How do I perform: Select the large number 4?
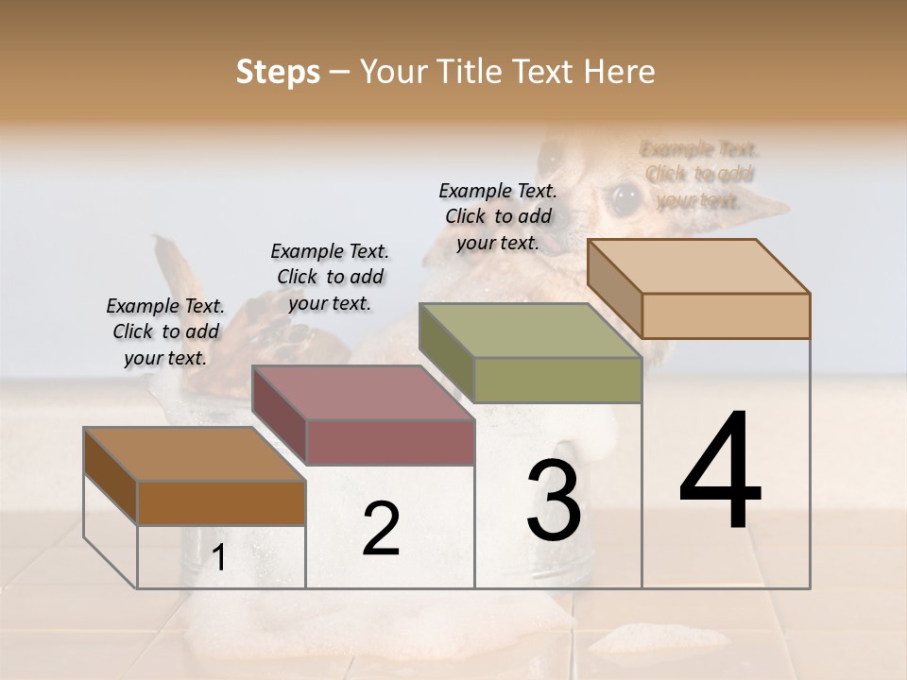pos(720,472)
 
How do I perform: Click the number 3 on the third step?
pos(554,501)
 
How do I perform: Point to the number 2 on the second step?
pos(381,529)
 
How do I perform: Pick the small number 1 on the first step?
pos(219,558)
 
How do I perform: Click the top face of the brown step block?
pos(193,454)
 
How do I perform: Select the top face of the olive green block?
pos(529,331)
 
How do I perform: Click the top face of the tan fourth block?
pos(697,266)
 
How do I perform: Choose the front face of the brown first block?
pos(221,502)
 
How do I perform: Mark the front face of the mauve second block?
pos(389,442)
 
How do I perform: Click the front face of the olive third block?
pos(557,381)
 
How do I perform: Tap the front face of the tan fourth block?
pos(726,315)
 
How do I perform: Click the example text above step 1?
pos(165,331)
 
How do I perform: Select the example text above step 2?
pos(330,277)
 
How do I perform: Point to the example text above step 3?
pos(498,216)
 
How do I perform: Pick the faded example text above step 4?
pos(699,175)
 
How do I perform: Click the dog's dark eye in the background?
pos(624,197)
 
